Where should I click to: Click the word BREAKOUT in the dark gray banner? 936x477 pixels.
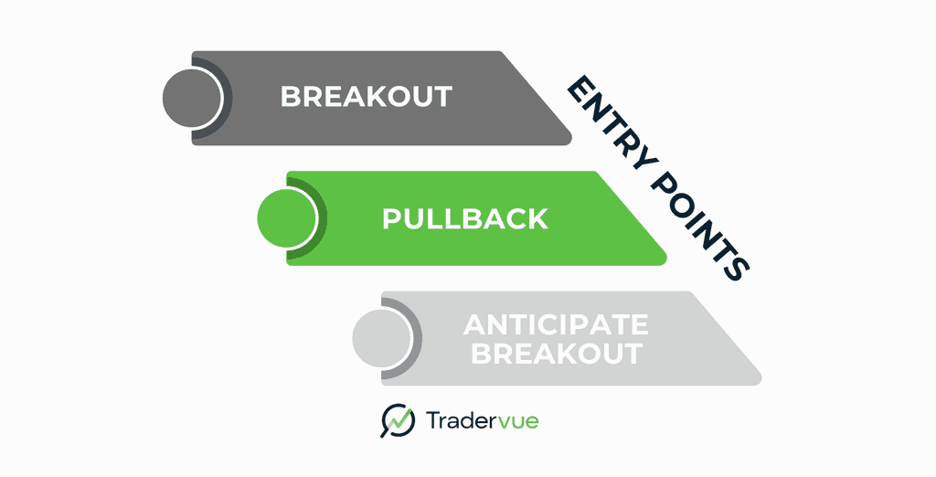click(x=366, y=97)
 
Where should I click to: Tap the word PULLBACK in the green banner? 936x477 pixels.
click(x=464, y=219)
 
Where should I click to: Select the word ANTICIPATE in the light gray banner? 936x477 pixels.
click(x=556, y=324)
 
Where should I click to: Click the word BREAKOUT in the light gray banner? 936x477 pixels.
click(x=556, y=354)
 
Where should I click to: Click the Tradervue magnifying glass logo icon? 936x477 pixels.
click(x=398, y=420)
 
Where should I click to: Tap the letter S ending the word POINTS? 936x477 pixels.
click(x=737, y=268)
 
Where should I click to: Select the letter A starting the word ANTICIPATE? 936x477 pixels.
click(x=475, y=324)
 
